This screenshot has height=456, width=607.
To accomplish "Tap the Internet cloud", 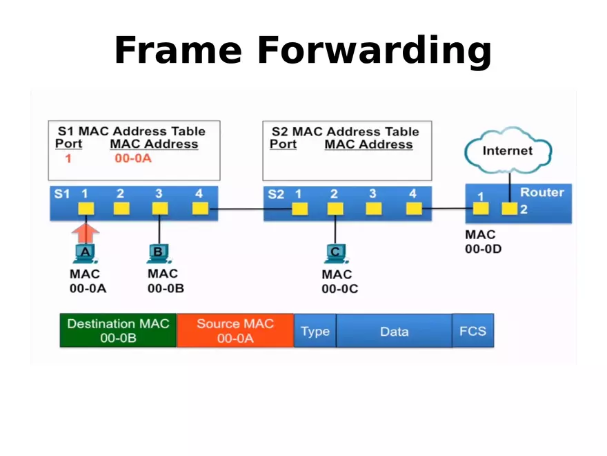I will pos(508,151).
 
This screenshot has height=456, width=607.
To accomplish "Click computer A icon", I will pos(86,254).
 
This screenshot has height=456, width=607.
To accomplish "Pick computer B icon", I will pos(159,254).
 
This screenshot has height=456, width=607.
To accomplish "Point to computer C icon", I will pos(335,254).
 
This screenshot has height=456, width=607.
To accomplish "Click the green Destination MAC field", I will pos(118,331).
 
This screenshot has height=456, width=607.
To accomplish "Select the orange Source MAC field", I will pos(235,331).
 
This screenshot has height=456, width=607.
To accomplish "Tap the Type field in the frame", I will pos(315,332).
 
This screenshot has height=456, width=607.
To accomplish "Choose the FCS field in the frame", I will pos(472,331).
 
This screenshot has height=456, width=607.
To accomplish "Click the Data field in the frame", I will pos(394,332).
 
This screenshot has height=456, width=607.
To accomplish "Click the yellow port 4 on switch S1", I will pos(200,208).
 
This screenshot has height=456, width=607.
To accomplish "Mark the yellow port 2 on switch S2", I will pos(335,209).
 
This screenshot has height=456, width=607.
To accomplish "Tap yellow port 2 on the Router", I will pos(509,209).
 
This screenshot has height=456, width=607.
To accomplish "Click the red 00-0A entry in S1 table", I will pos(133,159).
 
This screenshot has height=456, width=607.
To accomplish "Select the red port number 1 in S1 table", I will pos(68,159).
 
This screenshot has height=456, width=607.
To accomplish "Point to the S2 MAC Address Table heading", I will pos(345,131).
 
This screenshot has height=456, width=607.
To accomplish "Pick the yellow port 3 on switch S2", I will pos(374,209).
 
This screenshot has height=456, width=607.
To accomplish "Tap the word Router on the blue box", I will pos(541,192).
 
